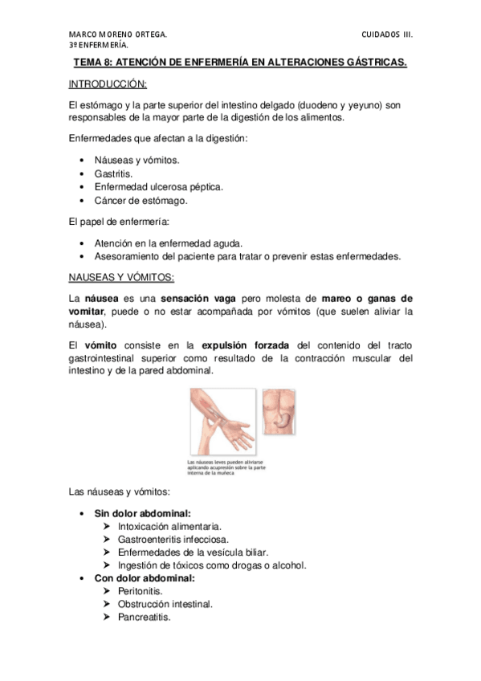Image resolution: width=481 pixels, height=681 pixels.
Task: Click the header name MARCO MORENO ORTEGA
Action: [118, 35]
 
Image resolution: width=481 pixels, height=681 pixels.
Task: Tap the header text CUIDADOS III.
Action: [387, 35]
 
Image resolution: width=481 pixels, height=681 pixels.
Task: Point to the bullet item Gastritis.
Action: [113, 173]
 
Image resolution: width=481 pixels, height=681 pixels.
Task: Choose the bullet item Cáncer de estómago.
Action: [141, 200]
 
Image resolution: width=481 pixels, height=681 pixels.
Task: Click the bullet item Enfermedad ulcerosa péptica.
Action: [158, 186]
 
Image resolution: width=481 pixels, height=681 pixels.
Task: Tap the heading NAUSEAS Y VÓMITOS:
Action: [121, 277]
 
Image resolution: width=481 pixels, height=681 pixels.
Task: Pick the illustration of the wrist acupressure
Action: [222, 422]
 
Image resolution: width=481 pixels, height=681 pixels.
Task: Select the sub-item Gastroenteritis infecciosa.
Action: [173, 539]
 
